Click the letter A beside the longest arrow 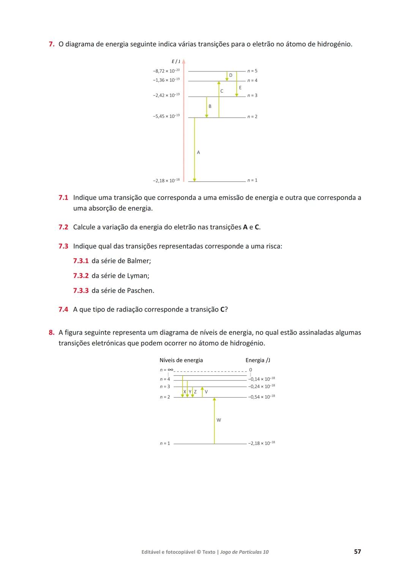click(198, 152)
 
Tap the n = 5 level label click(252, 71)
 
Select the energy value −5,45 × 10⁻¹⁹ click(166, 116)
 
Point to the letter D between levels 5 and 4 click(230, 75)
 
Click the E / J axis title click(176, 62)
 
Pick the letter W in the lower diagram click(219, 420)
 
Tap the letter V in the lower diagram click(206, 392)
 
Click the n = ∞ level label click(166, 370)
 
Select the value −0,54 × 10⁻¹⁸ click(262, 397)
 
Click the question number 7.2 click(63, 227)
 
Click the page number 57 click(357, 552)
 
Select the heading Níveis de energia click(181, 360)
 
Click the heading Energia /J click(258, 360)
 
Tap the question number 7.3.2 click(80, 276)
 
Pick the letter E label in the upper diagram click(240, 88)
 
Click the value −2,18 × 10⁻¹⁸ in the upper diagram click(166, 180)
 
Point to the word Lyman click(137, 276)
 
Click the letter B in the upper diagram click(210, 106)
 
